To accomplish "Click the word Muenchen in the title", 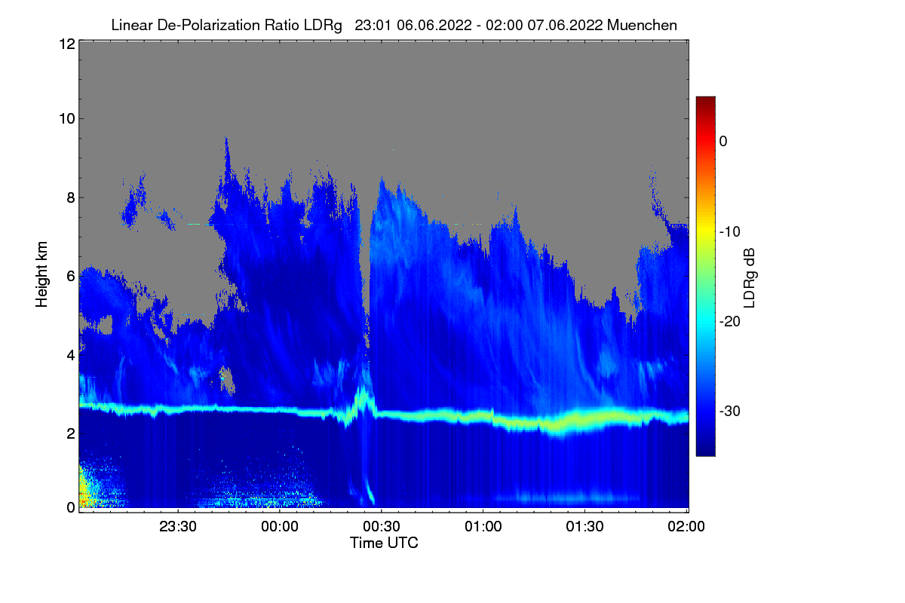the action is coord(642,25).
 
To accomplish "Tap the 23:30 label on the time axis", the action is coord(178,526).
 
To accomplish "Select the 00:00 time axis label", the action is coord(280,526).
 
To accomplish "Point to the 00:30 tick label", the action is coord(382,526).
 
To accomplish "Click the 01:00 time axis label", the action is coord(483,526).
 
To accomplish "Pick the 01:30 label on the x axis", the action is coord(584,526).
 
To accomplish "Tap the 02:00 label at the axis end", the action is coord(686,526).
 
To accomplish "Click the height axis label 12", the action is coord(67,44).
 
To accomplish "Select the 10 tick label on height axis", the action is coord(67,119).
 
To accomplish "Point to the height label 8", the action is coord(72,198).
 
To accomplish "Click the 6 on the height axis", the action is coord(72,277).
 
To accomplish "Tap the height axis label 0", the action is coord(72,508).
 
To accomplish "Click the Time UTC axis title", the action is coord(384,543).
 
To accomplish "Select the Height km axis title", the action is coord(41,274).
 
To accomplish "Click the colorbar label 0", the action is coord(723,142).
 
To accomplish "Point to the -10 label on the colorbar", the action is coord(730,232).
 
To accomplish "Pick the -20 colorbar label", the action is coord(730,322).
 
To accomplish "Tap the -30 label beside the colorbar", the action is coord(730,411).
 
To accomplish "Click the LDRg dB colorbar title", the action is coord(750,278).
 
